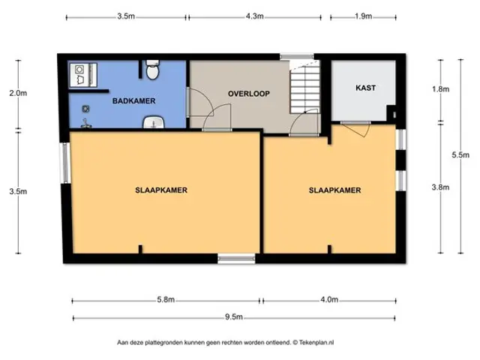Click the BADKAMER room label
pyautogui.click(x=133, y=100)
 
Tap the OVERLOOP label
pyautogui.click(x=249, y=94)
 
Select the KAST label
pyautogui.click(x=365, y=88)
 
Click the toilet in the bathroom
pyautogui.click(x=152, y=70)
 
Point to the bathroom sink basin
pyautogui.click(x=154, y=122)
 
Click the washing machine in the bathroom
pyautogui.click(x=79, y=75)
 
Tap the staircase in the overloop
pyautogui.click(x=305, y=87)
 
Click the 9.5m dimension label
pyautogui.click(x=234, y=316)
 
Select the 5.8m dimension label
pyautogui.click(x=166, y=299)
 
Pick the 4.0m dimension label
pyautogui.click(x=329, y=299)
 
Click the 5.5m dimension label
pyautogui.click(x=460, y=155)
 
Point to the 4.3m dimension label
pyautogui.click(x=255, y=16)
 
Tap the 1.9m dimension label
pyautogui.click(x=363, y=16)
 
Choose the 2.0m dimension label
pyautogui.click(x=18, y=93)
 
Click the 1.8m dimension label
pyautogui.click(x=440, y=89)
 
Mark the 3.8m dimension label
pyautogui.click(x=440, y=187)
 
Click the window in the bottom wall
pyautogui.click(x=236, y=259)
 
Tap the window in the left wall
pyautogui.click(x=65, y=163)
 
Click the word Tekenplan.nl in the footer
pyautogui.click(x=316, y=343)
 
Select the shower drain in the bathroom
pyautogui.click(x=85, y=109)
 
